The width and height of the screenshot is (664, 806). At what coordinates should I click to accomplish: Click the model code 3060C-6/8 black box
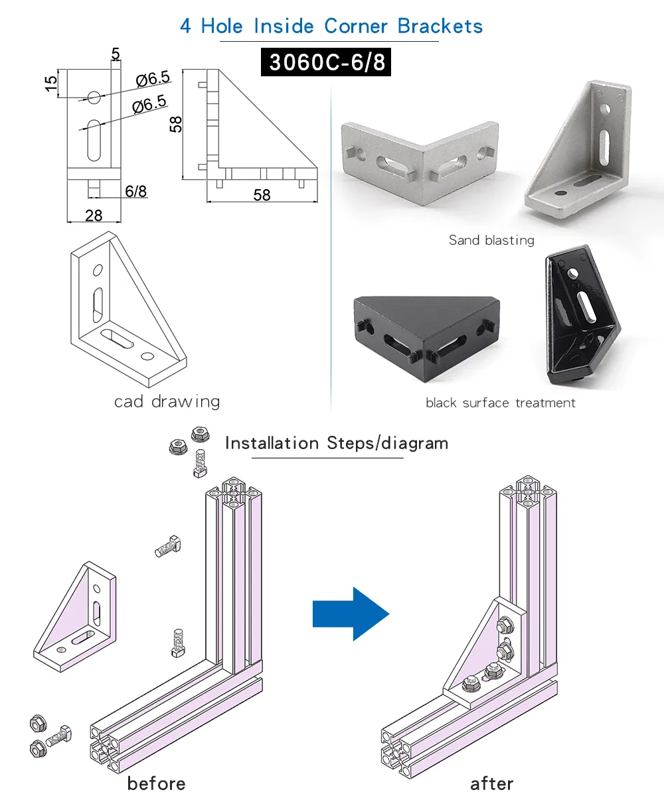coord(326,62)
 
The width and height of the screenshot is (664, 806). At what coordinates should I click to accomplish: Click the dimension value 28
coord(94,215)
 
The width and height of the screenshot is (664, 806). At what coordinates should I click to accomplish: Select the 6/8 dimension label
coord(135,192)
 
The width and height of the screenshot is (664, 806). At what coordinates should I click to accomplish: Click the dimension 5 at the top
coord(116,53)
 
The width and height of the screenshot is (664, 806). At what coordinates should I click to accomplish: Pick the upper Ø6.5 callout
coord(153,79)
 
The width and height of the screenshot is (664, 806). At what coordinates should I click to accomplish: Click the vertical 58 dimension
coord(176,124)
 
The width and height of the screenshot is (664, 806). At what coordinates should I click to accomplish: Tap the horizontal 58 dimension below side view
coord(262,194)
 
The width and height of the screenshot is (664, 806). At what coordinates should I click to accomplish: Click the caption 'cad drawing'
coord(167,401)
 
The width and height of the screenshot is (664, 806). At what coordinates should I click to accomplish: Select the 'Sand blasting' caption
coord(491,240)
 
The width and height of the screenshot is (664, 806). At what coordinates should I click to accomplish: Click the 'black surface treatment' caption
coord(500,403)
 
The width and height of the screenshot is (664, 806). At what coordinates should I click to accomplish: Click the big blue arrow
coord(351,614)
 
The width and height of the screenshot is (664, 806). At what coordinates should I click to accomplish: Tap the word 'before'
coord(156,783)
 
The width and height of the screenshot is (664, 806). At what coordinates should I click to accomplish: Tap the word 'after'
coord(491,783)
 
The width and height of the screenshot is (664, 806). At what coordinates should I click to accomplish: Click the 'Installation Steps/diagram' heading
coord(336,443)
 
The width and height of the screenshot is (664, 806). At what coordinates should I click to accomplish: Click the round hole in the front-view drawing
coord(94,98)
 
